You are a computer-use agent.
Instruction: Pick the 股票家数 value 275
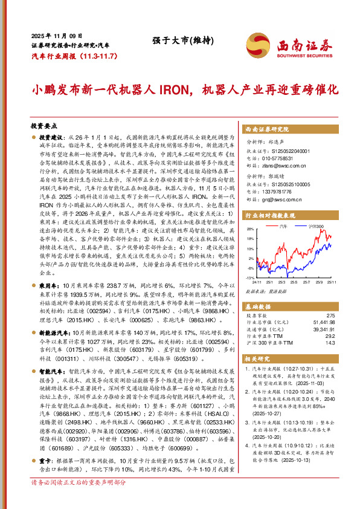pyautogui.click(x=330, y=316)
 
